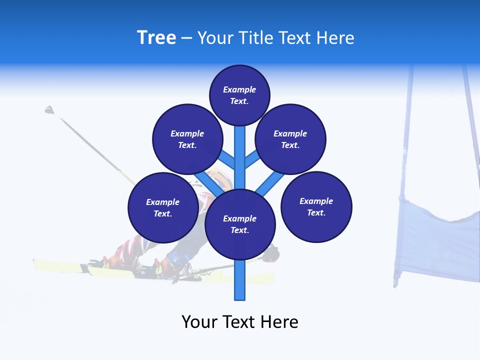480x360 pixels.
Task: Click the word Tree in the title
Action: click(x=156, y=38)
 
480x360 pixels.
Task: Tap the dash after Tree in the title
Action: click(x=186, y=38)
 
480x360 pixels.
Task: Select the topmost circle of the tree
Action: click(x=239, y=95)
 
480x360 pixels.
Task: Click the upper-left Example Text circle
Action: click(x=187, y=139)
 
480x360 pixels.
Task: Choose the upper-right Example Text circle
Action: click(x=290, y=139)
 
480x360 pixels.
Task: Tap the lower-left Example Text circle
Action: click(x=163, y=207)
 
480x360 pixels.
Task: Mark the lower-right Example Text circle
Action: click(x=316, y=206)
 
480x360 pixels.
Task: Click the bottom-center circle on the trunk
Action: click(x=240, y=224)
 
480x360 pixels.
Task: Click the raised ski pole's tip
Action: click(x=49, y=109)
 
